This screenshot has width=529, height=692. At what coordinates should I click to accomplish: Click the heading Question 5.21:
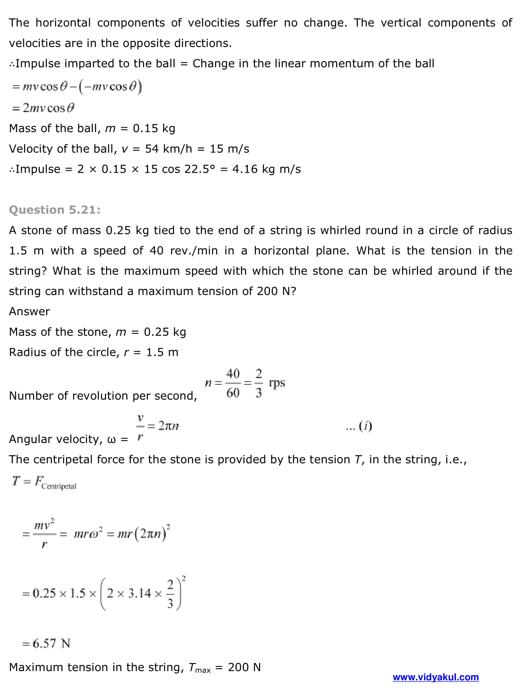pyautogui.click(x=55, y=210)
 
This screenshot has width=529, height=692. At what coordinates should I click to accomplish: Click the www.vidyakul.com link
pyautogui.click(x=435, y=677)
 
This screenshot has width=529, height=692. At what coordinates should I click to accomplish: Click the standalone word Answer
pyautogui.click(x=29, y=311)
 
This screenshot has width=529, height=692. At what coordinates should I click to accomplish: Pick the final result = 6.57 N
pyautogui.click(x=47, y=643)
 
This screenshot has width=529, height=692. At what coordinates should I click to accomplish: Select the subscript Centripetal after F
pyautogui.click(x=59, y=486)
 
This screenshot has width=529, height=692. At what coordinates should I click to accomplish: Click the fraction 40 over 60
pyautogui.click(x=233, y=383)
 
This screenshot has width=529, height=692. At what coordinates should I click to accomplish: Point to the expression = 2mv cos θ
pyautogui.click(x=43, y=108)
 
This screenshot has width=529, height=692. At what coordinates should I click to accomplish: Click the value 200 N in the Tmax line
pyautogui.click(x=244, y=667)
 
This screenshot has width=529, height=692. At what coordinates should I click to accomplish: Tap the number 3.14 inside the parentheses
pyautogui.click(x=139, y=593)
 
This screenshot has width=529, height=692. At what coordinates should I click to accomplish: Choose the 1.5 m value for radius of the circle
pyautogui.click(x=162, y=352)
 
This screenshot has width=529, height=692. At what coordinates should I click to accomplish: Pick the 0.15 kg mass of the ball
pyautogui.click(x=154, y=128)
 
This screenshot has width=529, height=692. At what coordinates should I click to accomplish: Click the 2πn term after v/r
pyautogui.click(x=168, y=426)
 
